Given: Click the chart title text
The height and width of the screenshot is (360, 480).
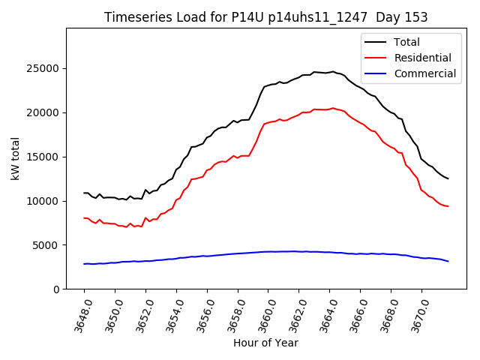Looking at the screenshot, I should coord(265,17).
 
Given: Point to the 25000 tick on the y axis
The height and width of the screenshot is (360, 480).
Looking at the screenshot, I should coord(43,68).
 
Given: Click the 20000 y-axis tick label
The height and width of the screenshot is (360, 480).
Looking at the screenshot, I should coord(43,112).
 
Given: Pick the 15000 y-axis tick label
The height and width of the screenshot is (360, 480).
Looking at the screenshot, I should coord(43,157).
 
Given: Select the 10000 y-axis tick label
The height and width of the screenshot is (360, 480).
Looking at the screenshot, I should coord(43,201).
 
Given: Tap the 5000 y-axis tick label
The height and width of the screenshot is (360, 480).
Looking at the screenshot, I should coord(46,245).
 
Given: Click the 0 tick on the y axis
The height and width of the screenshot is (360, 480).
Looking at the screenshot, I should coord(55,289).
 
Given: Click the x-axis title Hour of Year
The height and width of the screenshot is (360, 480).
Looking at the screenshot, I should coord(265,343).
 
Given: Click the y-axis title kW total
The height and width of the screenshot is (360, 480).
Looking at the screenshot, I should coord(15,159).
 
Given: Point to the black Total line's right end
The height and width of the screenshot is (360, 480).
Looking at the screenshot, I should coord(448,178).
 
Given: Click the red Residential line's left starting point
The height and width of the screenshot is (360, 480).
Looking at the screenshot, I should coord(84,218).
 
